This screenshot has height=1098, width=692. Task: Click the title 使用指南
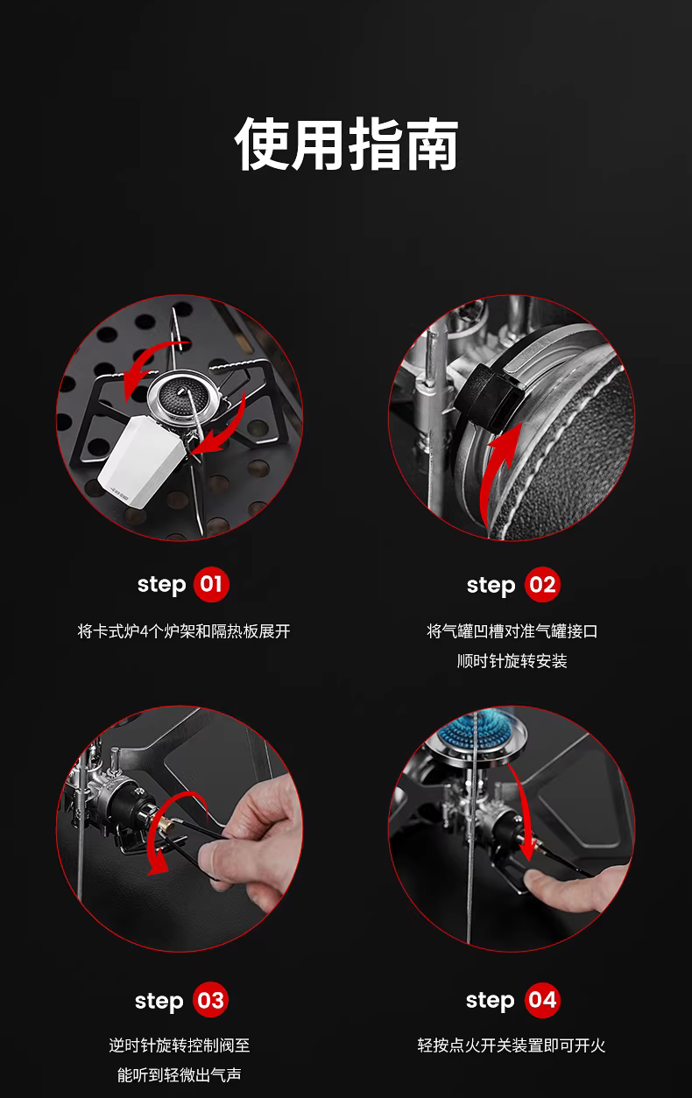coord(346,144)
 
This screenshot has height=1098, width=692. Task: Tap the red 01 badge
coord(211,584)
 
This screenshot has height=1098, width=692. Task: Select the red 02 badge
coord(542,585)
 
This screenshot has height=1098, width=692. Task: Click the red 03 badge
coord(210,1001)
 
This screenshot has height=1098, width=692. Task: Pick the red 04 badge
coord(542,1001)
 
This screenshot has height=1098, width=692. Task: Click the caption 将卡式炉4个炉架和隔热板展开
coord(184,631)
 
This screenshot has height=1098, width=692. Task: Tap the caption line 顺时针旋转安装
coord(512,661)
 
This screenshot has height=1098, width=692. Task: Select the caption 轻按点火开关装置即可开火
coord(512,1045)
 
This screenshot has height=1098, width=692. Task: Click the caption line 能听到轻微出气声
coord(180,1075)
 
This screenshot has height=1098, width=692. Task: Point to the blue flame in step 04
coord(473,730)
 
